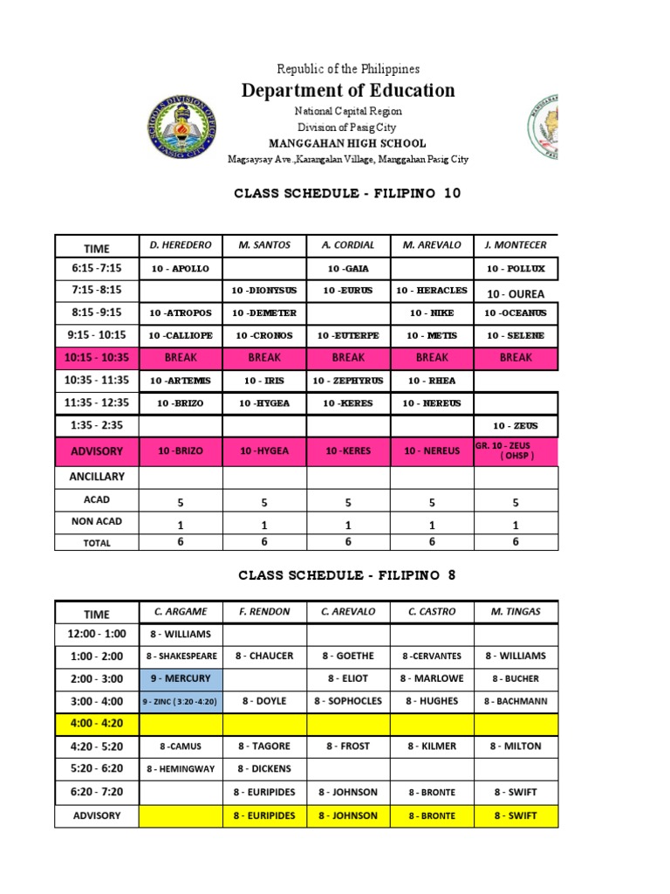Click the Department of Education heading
pos(348,91)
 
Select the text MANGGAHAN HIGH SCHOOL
pos(348,143)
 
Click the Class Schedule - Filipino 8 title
pos(347,575)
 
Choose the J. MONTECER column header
pos(515,245)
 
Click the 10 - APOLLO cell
pos(180,269)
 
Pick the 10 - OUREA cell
pos(515,292)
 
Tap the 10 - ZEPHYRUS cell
pos(347,381)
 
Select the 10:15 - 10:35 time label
pos(96,357)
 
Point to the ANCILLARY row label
pos(96,477)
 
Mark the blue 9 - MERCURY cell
pos(181,678)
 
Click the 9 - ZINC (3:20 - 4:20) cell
pos(181,701)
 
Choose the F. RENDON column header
pos(264,611)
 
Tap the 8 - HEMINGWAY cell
pos(181,769)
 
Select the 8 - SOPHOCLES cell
pos(348,701)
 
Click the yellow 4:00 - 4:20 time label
pos(96,723)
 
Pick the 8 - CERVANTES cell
pos(432,656)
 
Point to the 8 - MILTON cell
pos(516,746)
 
